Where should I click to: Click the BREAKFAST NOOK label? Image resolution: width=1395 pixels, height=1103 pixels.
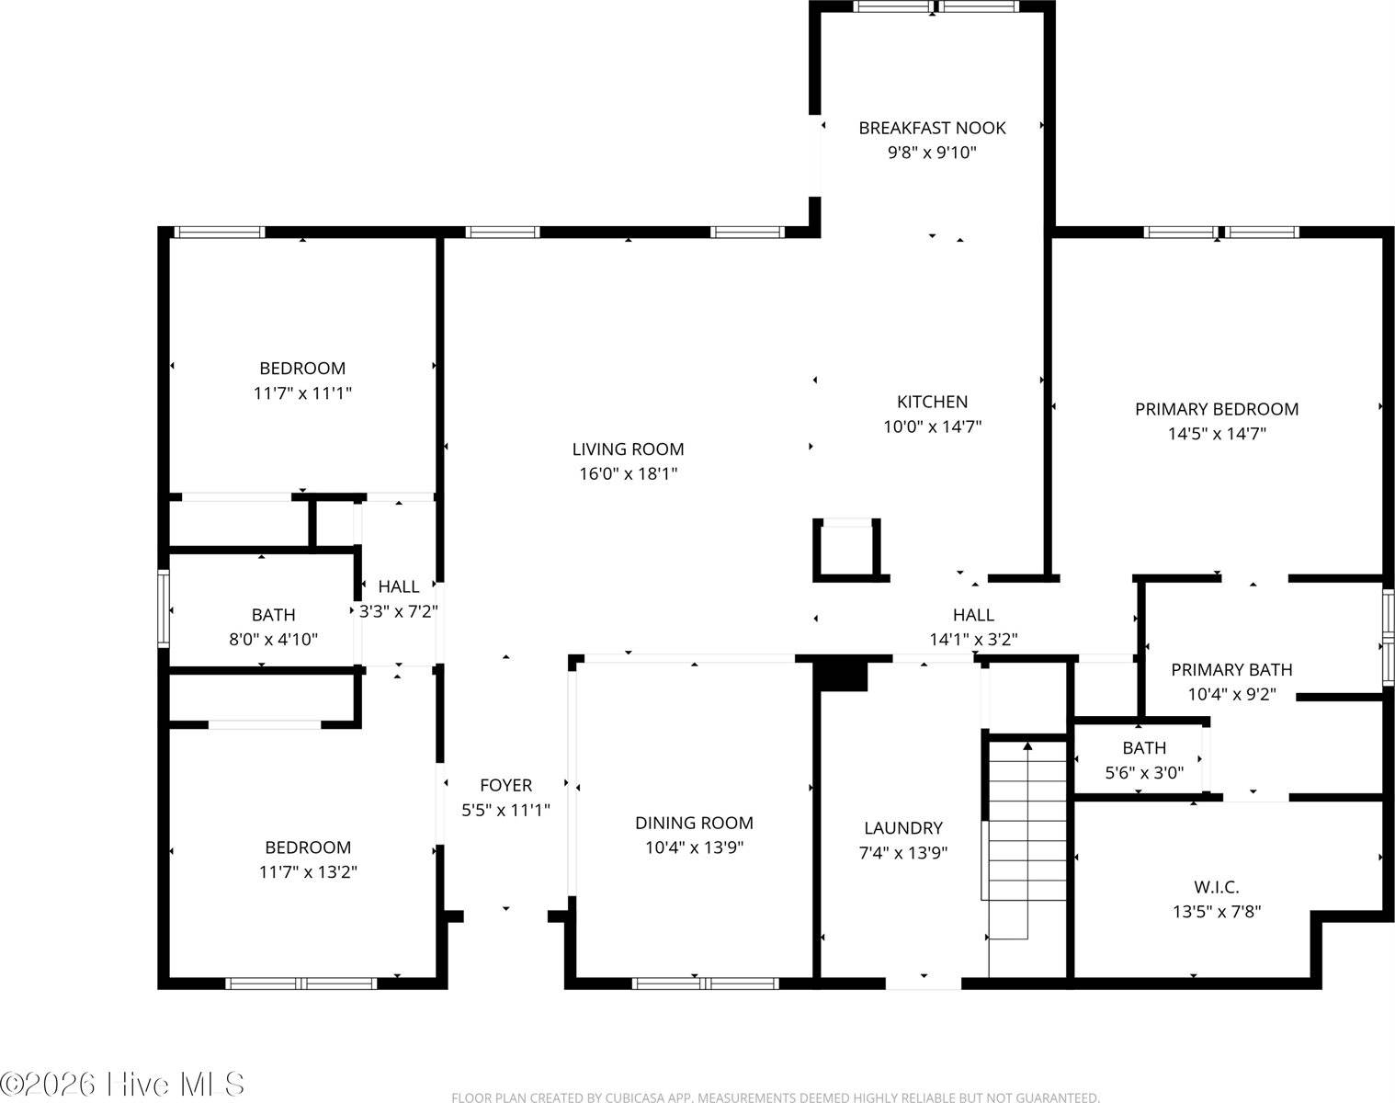click(932, 128)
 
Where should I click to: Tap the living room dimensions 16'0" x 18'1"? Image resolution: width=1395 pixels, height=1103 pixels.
click(628, 474)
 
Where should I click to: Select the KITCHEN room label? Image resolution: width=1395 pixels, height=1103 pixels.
click(932, 402)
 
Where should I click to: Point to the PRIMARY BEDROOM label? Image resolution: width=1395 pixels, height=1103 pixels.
click(1216, 409)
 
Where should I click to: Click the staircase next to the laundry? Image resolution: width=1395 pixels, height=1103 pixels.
click(1026, 846)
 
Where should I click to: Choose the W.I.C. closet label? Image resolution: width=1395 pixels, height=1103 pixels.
click(1216, 887)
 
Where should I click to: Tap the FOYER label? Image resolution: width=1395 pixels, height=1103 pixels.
click(505, 785)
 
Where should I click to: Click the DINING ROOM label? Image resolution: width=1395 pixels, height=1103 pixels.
click(694, 823)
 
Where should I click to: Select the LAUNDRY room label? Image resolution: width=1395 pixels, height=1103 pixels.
click(902, 828)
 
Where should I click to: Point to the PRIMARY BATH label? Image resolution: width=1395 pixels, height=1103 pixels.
click(1231, 670)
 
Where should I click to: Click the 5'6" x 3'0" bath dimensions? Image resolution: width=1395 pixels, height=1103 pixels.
click(1143, 773)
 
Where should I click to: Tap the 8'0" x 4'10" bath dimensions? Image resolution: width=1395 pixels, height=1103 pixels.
click(273, 639)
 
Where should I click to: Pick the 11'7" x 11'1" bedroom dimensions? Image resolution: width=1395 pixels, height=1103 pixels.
click(302, 393)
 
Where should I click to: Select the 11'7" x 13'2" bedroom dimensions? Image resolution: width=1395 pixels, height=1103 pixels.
click(307, 872)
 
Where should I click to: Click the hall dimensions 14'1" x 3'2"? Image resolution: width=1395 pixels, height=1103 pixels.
click(972, 639)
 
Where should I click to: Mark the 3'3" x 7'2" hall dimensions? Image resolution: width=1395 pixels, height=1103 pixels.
click(399, 611)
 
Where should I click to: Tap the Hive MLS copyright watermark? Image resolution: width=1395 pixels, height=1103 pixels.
click(122, 1083)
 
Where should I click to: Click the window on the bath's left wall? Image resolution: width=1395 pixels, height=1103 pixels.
click(164, 608)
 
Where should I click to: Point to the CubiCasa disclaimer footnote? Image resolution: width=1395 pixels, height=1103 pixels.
click(775, 1097)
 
